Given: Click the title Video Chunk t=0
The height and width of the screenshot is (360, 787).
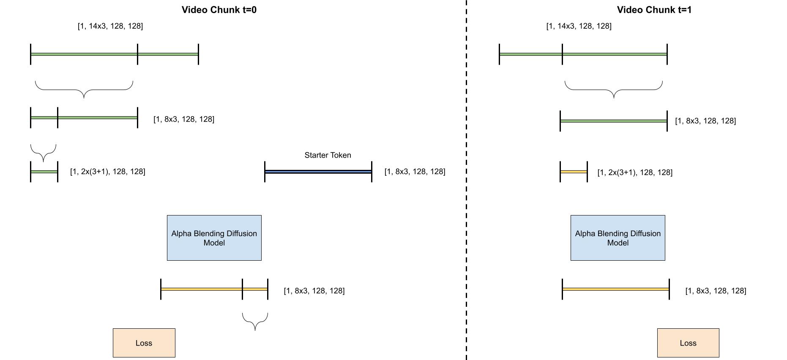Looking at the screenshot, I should click(x=219, y=10).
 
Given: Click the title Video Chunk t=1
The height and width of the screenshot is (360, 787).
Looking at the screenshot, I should click(x=654, y=10).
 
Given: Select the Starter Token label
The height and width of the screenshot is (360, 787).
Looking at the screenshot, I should click(x=328, y=155).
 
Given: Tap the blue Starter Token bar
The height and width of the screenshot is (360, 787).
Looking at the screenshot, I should click(x=318, y=172).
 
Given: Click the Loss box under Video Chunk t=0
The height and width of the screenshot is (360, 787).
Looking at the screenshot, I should click(x=144, y=343).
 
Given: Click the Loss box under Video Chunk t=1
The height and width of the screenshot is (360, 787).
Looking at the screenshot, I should click(x=688, y=343).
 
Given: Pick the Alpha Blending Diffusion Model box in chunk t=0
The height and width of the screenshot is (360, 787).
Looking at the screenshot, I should click(x=214, y=238).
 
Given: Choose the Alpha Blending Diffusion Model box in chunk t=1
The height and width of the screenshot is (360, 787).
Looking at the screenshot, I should click(x=618, y=238).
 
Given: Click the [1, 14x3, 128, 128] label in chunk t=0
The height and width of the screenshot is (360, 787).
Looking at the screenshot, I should click(x=110, y=26).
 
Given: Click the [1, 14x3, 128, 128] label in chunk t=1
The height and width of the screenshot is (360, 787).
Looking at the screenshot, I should click(x=579, y=26).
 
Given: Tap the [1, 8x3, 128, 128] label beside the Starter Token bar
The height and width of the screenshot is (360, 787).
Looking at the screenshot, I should click(x=415, y=172).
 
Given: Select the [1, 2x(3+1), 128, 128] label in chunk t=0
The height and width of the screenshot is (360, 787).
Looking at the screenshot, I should click(x=107, y=172).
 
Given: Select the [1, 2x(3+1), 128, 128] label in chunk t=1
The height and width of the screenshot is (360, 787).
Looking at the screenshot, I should click(x=634, y=172).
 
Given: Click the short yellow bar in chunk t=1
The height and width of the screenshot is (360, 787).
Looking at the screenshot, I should click(x=574, y=172).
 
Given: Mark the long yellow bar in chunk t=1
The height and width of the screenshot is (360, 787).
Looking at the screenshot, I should click(x=615, y=289).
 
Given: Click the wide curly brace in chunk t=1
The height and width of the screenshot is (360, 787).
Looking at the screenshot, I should click(x=613, y=89).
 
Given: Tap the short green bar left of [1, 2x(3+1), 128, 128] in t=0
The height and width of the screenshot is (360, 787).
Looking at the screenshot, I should click(x=44, y=172).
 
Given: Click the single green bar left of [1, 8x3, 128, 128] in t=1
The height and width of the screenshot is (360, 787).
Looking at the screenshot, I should click(x=613, y=121).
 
